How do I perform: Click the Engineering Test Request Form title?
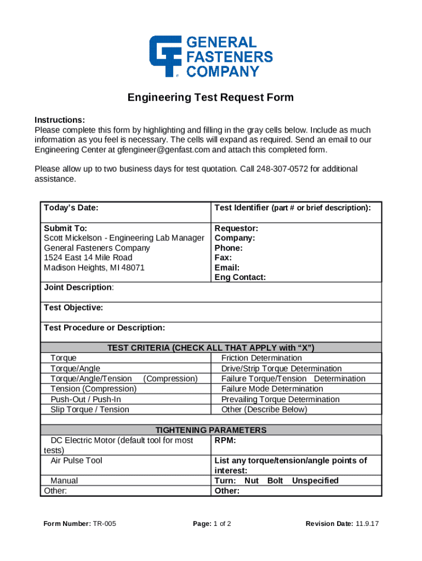(210, 98)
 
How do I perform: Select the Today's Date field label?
(71, 208)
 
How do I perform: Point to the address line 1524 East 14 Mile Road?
(88, 257)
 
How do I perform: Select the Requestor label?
(236, 228)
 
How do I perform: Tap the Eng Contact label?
(240, 277)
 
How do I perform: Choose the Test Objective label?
(73, 307)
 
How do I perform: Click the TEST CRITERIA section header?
(210, 347)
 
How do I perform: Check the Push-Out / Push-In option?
(85, 399)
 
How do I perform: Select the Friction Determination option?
(261, 358)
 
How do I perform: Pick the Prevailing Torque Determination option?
(280, 399)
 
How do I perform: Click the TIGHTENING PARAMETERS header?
(210, 430)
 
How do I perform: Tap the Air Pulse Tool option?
(76, 460)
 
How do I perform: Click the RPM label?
(225, 440)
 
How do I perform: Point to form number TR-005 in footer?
(103, 524)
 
